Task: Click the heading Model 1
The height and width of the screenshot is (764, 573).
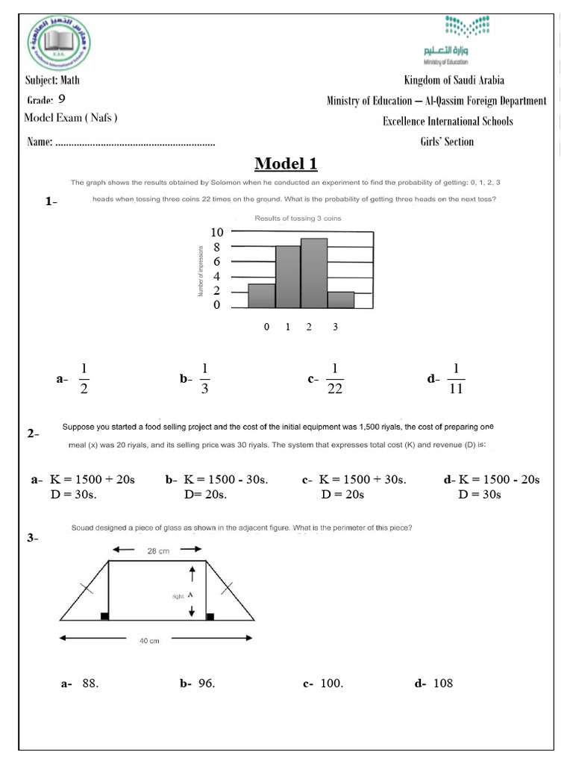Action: (286, 163)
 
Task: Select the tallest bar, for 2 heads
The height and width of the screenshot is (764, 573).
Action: (314, 273)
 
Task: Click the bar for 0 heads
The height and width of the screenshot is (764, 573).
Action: (261, 295)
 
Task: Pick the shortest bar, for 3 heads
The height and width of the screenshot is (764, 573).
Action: (340, 299)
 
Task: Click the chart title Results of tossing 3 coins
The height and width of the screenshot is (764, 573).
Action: (297, 218)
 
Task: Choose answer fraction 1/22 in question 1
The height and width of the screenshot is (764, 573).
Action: (334, 378)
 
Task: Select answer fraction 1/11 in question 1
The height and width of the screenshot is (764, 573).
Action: (455, 378)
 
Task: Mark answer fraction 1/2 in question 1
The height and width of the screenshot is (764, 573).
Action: (84, 378)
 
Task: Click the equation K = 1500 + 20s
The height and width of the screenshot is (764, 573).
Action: (92, 480)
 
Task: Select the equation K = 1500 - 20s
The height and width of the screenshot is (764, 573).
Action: (499, 480)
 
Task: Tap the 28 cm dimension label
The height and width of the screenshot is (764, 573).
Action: (157, 551)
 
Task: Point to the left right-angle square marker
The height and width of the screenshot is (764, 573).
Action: (105, 616)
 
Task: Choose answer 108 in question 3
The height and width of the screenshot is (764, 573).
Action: (442, 683)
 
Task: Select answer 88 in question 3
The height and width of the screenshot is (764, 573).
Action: (90, 683)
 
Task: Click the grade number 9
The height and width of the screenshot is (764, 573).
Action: (61, 99)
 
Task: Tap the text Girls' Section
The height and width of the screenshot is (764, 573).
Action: (446, 142)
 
